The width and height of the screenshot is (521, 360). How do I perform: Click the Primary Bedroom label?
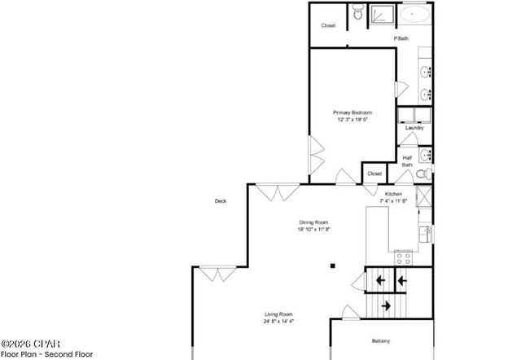(352, 112)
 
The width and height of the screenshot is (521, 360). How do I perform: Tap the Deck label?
(220, 201)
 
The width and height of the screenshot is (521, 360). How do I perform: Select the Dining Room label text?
(313, 222)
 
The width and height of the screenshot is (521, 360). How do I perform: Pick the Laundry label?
(414, 128)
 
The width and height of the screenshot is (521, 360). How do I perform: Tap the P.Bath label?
(401, 38)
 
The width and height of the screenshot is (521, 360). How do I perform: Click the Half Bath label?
(407, 161)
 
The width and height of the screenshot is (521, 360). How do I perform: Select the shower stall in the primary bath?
(383, 15)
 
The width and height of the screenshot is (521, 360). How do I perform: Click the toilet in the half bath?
(421, 173)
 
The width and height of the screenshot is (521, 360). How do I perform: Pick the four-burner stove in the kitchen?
(402, 258)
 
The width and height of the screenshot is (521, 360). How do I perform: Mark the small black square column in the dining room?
(331, 266)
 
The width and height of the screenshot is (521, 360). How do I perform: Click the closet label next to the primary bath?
(328, 26)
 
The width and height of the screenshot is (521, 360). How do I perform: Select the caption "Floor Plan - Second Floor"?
(47, 353)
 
